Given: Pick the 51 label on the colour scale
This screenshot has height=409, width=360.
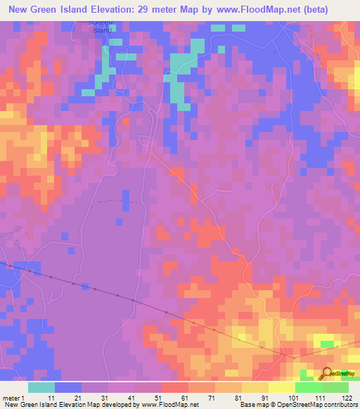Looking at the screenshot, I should click(159, 398).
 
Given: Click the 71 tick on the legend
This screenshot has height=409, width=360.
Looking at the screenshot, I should click(212, 398).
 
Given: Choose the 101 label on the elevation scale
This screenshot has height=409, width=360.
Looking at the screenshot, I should click(294, 398).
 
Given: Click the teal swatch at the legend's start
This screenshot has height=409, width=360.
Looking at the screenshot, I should click(41, 387).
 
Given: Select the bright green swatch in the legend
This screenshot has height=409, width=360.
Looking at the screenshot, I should click(308, 387).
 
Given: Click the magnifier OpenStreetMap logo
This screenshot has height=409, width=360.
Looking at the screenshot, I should click(326, 374).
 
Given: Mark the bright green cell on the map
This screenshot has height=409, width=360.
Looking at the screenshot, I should click(326, 344).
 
